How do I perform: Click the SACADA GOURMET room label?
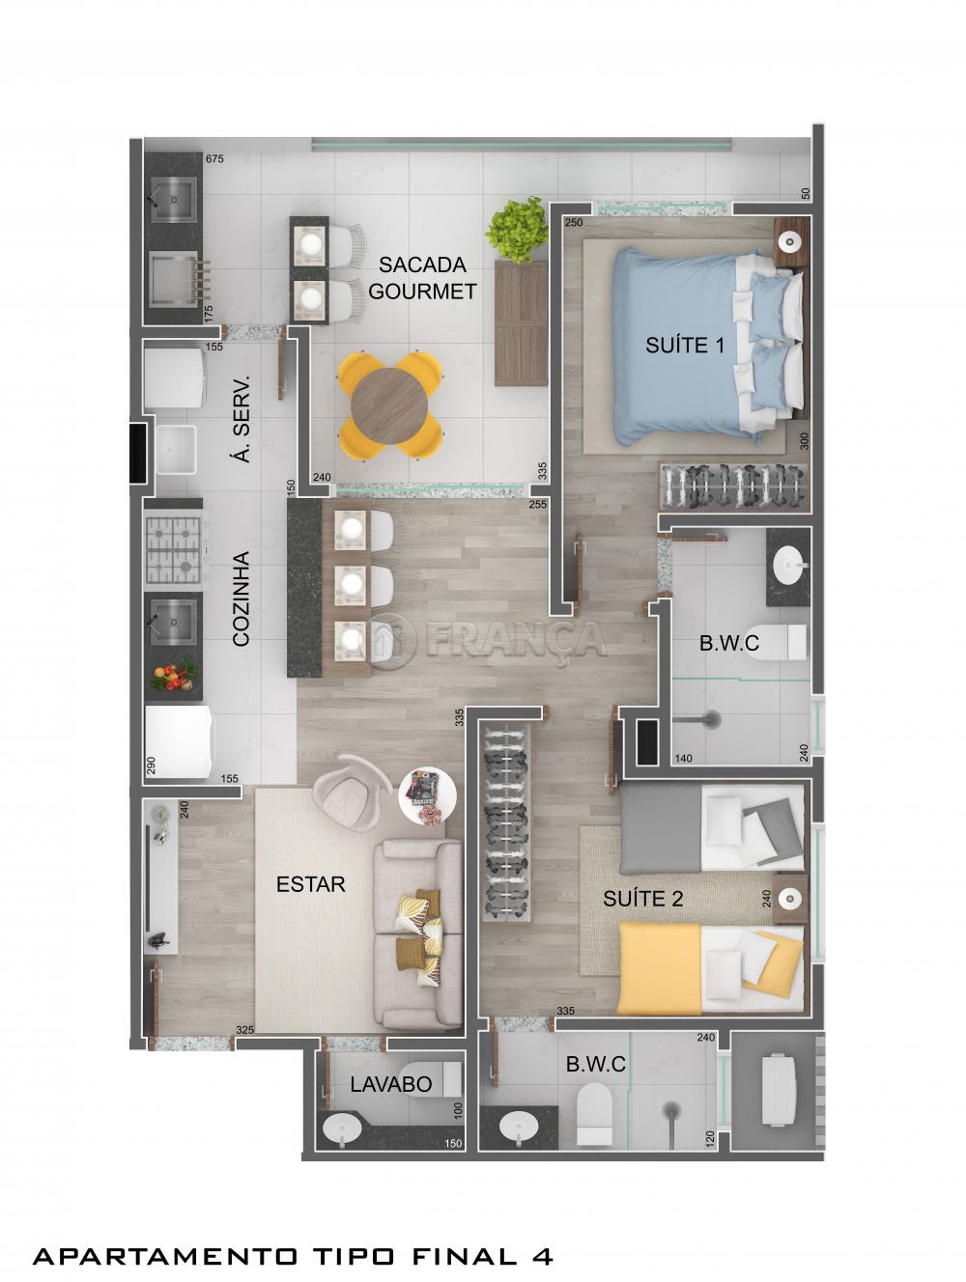[x=422, y=277]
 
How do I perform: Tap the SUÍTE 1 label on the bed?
[x=684, y=345]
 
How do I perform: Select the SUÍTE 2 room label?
[x=642, y=899]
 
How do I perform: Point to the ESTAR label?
[x=310, y=883]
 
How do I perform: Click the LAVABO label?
[x=390, y=1084]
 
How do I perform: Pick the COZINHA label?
[x=242, y=599]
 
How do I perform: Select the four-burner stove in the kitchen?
[x=173, y=549]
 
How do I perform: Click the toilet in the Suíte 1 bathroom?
[x=787, y=641]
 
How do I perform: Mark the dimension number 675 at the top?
[x=214, y=159]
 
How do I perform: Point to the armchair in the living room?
[x=348, y=796]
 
